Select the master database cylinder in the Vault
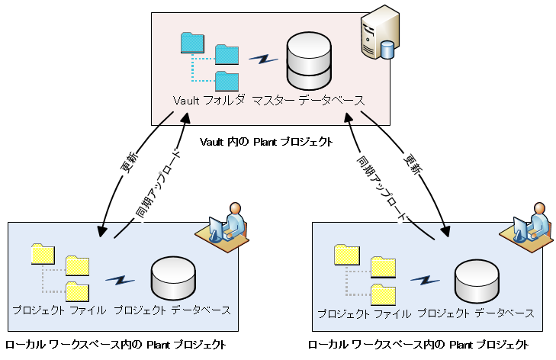click(x=308, y=63)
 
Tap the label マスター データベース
click(x=308, y=100)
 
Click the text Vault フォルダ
click(x=209, y=100)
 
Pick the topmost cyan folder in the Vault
click(x=192, y=42)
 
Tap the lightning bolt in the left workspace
click(x=120, y=281)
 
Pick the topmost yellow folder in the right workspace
click(x=347, y=254)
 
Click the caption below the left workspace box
click(x=116, y=345)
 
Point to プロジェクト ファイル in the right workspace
click(x=363, y=313)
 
